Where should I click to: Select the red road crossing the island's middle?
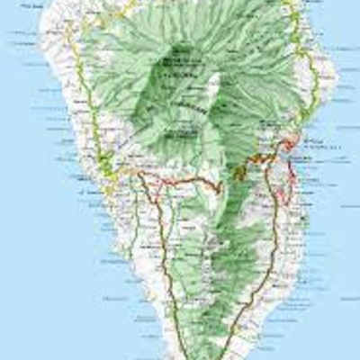[180, 180]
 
